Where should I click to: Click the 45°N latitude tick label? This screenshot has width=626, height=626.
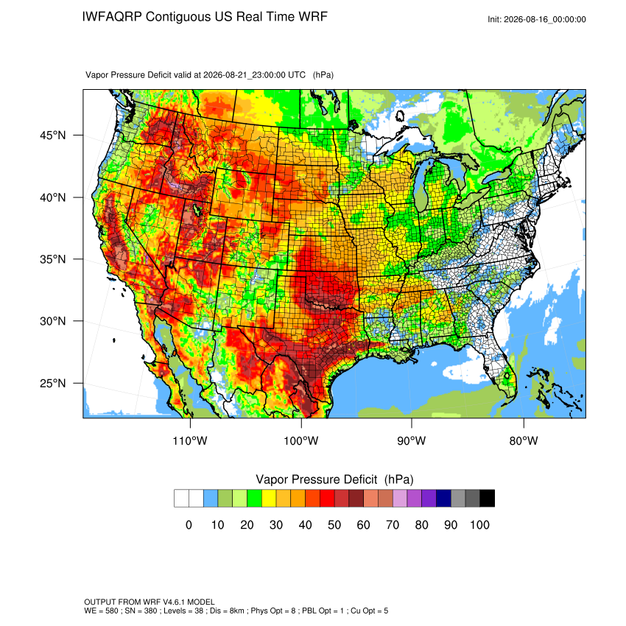pos(53,136)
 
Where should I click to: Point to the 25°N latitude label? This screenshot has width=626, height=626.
pos(53,383)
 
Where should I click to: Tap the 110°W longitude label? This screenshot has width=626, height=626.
pos(190,440)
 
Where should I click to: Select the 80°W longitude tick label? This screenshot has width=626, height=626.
pos(524,440)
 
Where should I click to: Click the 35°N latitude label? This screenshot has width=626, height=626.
pos(53,259)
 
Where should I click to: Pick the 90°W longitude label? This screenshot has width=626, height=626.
pos(412,440)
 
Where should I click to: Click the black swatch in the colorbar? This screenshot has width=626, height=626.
pos(488,499)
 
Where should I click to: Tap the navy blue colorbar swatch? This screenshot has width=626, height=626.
pos(443,499)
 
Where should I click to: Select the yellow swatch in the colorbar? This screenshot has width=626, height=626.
pos(269,499)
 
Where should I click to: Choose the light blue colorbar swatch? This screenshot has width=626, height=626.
pos(211,499)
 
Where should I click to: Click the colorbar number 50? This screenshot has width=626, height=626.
pos(334,524)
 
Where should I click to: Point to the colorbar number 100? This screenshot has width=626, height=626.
pos(480,524)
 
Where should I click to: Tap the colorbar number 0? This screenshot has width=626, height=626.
pos(189,524)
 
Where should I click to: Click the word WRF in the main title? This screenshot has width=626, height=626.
pos(313,17)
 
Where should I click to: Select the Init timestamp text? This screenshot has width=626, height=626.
pos(537,19)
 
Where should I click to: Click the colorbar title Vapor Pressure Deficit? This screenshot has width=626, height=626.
pos(316,479)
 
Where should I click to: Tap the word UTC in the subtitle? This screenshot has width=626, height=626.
pos(297,75)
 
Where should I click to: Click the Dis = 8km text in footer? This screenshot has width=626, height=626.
pos(231,611)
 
